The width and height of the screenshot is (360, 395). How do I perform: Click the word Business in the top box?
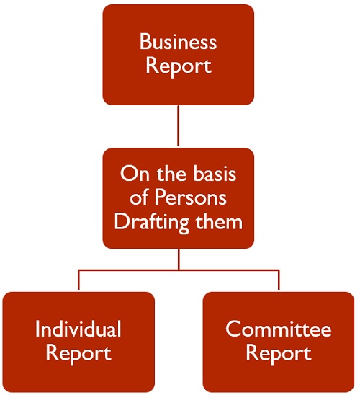[x=178, y=42]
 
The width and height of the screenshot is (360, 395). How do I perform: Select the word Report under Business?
[x=179, y=66]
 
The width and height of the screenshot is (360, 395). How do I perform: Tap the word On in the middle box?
[x=135, y=174]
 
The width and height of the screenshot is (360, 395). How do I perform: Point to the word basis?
[x=215, y=173]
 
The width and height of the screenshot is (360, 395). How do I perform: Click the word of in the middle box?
[x=139, y=197]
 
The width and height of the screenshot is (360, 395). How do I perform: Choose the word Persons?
[x=191, y=197]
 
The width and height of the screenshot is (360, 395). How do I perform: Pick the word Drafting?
[x=151, y=222]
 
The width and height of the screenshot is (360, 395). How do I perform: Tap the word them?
[x=219, y=221]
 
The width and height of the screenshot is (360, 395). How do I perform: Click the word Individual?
[x=78, y=329]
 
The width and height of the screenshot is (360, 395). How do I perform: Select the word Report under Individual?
[x=78, y=353]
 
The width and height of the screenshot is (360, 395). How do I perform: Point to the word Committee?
[x=278, y=329]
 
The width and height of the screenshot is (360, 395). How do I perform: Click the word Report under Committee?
[x=279, y=353]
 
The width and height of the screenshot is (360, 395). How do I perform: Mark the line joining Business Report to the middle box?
[x=179, y=125]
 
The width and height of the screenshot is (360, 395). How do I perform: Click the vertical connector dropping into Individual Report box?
[x=78, y=280]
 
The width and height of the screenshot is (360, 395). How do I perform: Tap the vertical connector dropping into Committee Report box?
[x=279, y=280]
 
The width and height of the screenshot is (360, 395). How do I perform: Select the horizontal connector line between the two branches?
[x=179, y=270]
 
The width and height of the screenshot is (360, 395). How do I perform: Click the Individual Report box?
[x=78, y=342]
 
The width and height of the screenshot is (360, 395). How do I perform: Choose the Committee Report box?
[x=279, y=342]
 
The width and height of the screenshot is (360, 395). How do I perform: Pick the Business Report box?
[x=179, y=55]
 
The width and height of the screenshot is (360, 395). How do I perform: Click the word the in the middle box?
[x=171, y=173]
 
